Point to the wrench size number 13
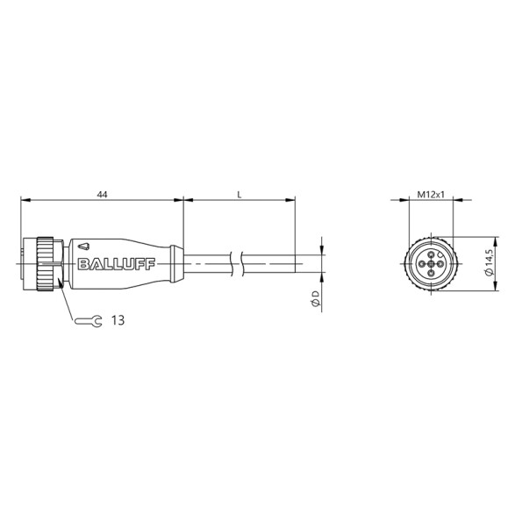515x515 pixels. click(117, 321)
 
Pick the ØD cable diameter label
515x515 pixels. click(313, 301)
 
